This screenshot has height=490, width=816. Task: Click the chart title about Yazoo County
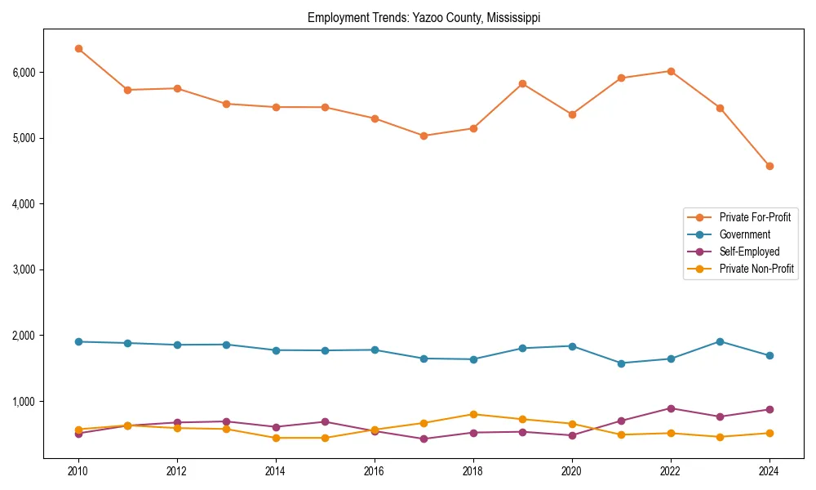[424, 17]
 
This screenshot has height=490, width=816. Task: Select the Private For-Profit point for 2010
[78, 48]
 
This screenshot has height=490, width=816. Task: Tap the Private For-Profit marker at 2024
[769, 166]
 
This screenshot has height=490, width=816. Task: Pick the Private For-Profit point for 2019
[522, 83]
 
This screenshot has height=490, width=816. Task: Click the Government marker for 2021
[621, 363]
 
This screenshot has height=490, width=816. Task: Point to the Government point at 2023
[720, 341]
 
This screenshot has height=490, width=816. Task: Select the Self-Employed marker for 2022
[671, 408]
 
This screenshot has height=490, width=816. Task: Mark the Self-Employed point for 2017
[424, 439]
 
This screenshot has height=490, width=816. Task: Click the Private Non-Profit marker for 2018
[473, 414]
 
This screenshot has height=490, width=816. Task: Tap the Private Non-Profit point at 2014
[276, 438]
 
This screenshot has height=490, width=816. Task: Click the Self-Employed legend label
[749, 252]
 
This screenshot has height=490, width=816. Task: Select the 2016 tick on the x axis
[375, 471]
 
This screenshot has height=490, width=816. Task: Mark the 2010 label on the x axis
[78, 471]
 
